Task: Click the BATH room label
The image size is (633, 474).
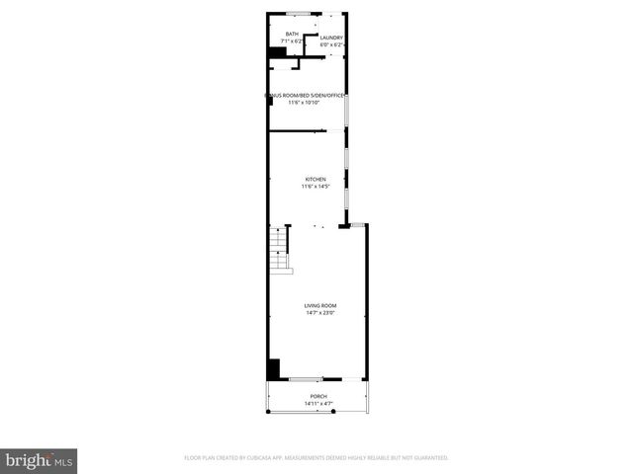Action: (292, 35)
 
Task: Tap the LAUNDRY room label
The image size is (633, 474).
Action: (331, 39)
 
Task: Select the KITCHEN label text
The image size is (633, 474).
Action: (316, 180)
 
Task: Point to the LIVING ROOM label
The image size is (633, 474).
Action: (319, 306)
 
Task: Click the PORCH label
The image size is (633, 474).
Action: (317, 396)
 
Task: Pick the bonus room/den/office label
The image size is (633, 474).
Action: (304, 96)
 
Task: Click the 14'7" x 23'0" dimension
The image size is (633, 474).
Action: (319, 314)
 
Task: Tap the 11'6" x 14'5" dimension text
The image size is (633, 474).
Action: (316, 187)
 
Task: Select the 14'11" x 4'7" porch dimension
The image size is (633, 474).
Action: (317, 403)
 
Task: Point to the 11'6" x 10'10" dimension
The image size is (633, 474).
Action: (304, 103)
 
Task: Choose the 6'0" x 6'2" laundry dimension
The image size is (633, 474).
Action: (331, 45)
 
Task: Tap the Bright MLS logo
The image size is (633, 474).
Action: (41, 459)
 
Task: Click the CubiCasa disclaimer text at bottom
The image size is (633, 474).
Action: (316, 458)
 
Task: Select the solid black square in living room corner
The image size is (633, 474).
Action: (273, 369)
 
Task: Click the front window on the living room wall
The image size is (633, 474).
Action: (306, 379)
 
